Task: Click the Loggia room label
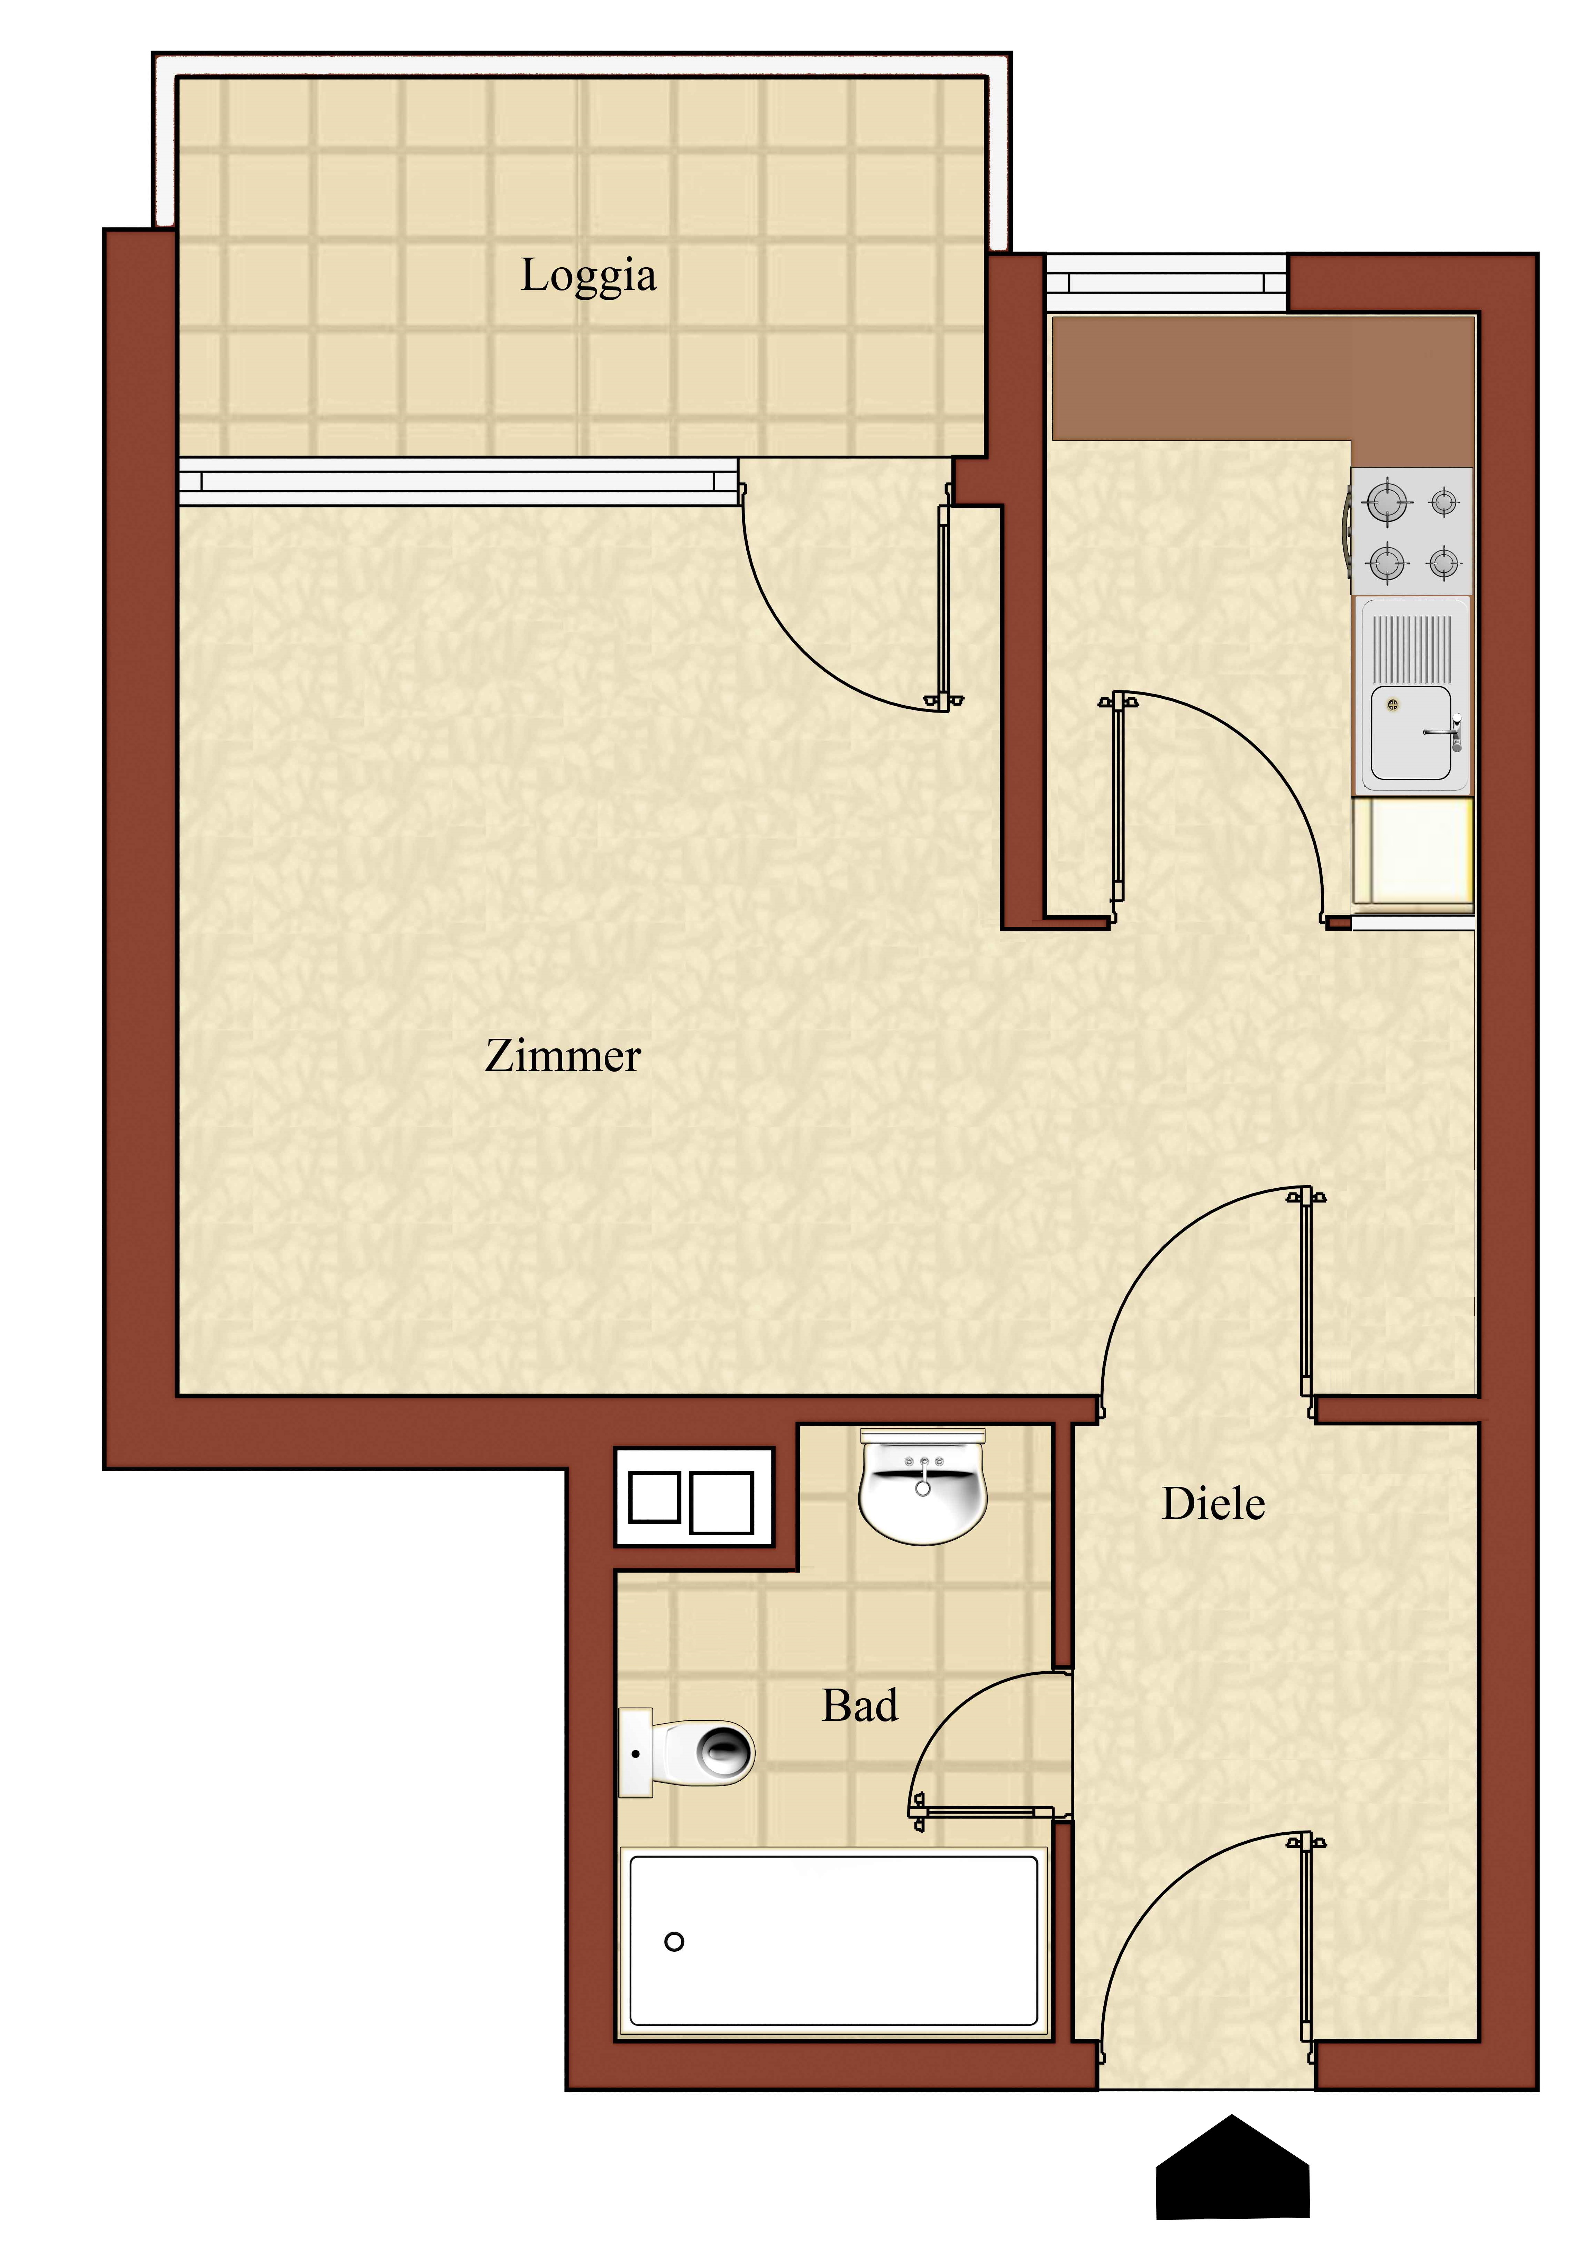click(588, 276)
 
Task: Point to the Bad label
click(860, 1705)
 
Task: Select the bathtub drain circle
click(675, 1942)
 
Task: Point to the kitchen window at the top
click(1166, 283)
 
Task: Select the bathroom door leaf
click(985, 1812)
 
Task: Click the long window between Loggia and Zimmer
click(458, 482)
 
